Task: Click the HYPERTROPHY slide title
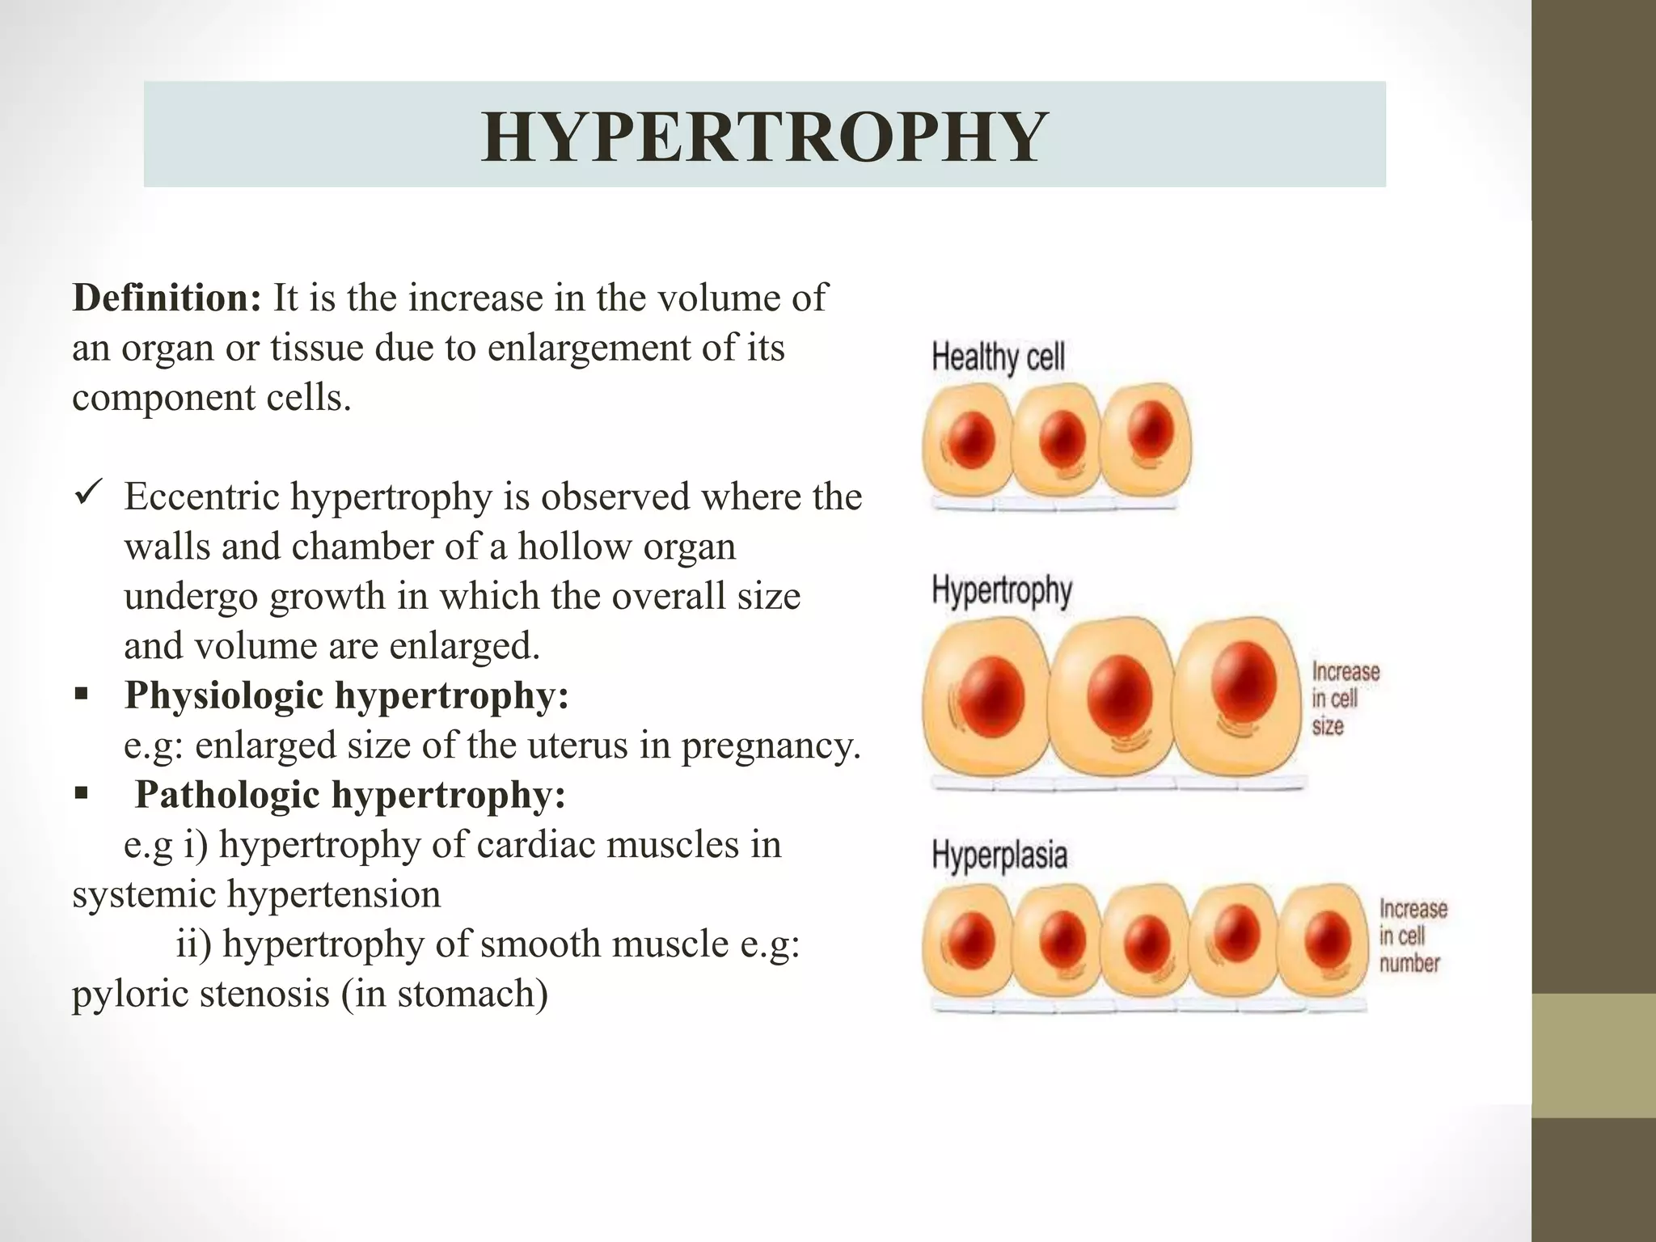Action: pyautogui.click(x=763, y=137)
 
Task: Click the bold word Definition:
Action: pyautogui.click(x=167, y=298)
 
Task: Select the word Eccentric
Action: pyautogui.click(x=202, y=496)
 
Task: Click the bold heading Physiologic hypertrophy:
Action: pyautogui.click(x=347, y=695)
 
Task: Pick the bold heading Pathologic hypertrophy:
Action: pyautogui.click(x=349, y=795)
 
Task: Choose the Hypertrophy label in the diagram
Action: pyautogui.click(x=1002, y=591)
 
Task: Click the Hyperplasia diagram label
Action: pyautogui.click(x=999, y=855)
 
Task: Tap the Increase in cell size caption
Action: pyautogui.click(x=1344, y=699)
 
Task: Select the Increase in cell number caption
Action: pyautogui.click(x=1412, y=936)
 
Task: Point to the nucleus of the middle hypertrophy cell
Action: pyautogui.click(x=1119, y=695)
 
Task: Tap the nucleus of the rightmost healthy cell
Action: pyautogui.click(x=1151, y=428)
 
